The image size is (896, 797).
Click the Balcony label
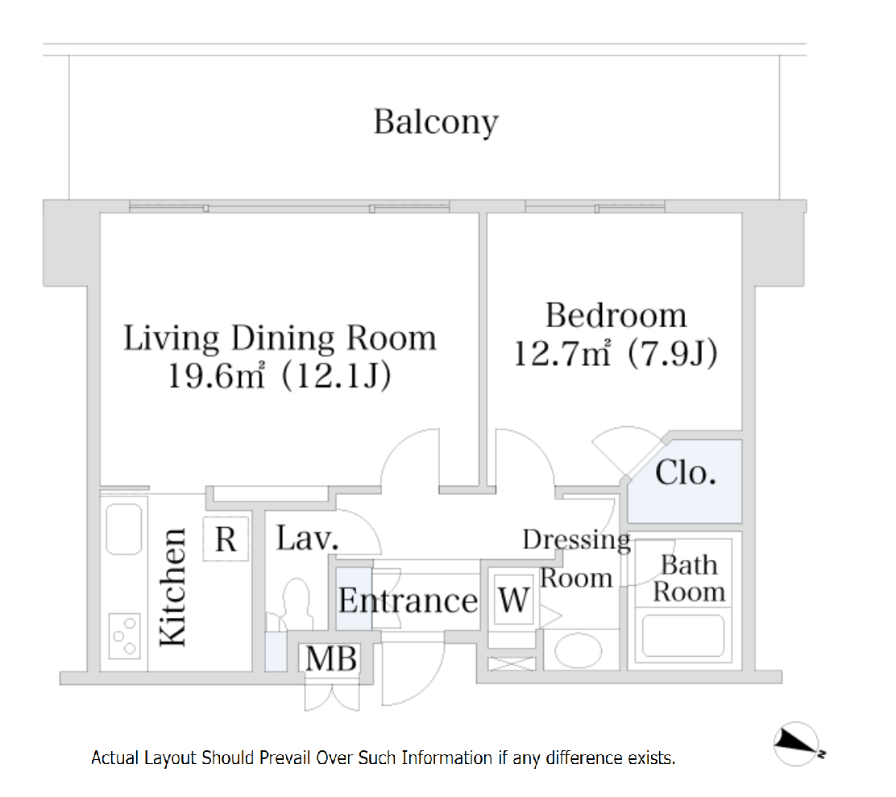(x=436, y=122)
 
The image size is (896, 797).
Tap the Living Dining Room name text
(x=280, y=338)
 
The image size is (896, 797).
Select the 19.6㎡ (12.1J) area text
(x=280, y=376)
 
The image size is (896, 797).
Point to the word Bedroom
(x=616, y=315)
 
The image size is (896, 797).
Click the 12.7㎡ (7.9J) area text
(x=616, y=353)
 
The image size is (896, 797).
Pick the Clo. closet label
(x=685, y=473)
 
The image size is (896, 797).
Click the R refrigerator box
(x=226, y=539)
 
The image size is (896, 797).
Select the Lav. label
(x=308, y=538)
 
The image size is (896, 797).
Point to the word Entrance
(x=408, y=600)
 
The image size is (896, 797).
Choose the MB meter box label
(x=331, y=658)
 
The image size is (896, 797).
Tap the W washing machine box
(x=513, y=600)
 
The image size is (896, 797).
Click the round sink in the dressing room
(x=579, y=650)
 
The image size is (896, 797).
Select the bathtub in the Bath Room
(x=683, y=635)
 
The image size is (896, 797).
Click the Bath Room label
(x=689, y=578)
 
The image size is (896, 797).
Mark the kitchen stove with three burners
(x=125, y=636)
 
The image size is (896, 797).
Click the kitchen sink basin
(x=124, y=529)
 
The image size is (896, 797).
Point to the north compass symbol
(x=798, y=743)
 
